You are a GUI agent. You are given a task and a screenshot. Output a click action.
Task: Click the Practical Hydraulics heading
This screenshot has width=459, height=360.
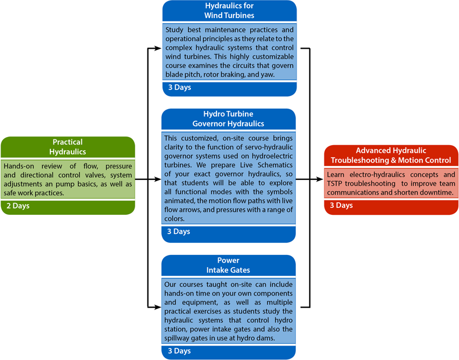[68, 147]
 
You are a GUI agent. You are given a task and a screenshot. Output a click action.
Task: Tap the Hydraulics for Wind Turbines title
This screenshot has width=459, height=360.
[229, 10]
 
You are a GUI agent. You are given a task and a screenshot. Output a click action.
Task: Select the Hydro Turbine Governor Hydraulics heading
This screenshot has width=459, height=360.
[228, 118]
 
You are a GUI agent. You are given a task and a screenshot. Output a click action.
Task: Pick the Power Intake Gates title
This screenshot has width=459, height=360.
[228, 265]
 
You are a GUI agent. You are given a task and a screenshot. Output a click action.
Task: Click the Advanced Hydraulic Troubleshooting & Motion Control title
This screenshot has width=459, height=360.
[391, 155]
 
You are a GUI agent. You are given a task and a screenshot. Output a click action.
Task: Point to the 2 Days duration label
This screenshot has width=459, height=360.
[18, 206]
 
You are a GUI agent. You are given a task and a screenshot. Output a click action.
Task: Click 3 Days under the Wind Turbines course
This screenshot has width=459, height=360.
[179, 87]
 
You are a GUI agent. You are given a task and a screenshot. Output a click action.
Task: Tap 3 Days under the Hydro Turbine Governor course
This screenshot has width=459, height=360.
[179, 232]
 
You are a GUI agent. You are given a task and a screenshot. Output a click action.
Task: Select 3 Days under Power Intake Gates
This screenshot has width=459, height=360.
[179, 351]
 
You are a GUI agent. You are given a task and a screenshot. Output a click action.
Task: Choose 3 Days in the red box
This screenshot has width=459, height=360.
[341, 205]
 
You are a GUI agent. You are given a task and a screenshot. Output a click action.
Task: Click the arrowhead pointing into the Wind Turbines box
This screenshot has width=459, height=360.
[158, 48]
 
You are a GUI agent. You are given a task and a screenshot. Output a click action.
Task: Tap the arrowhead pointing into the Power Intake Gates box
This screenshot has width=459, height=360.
[158, 307]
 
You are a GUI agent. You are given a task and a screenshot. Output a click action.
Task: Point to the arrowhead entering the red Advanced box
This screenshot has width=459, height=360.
[320, 179]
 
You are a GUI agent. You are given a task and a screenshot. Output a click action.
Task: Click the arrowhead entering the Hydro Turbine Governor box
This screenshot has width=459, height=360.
[158, 179]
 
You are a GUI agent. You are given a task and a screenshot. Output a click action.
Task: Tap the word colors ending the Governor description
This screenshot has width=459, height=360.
[175, 219]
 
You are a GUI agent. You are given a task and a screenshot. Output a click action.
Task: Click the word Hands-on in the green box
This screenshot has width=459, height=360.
[19, 166]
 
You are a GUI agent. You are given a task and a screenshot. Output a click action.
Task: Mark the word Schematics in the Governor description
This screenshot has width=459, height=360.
[275, 165]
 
